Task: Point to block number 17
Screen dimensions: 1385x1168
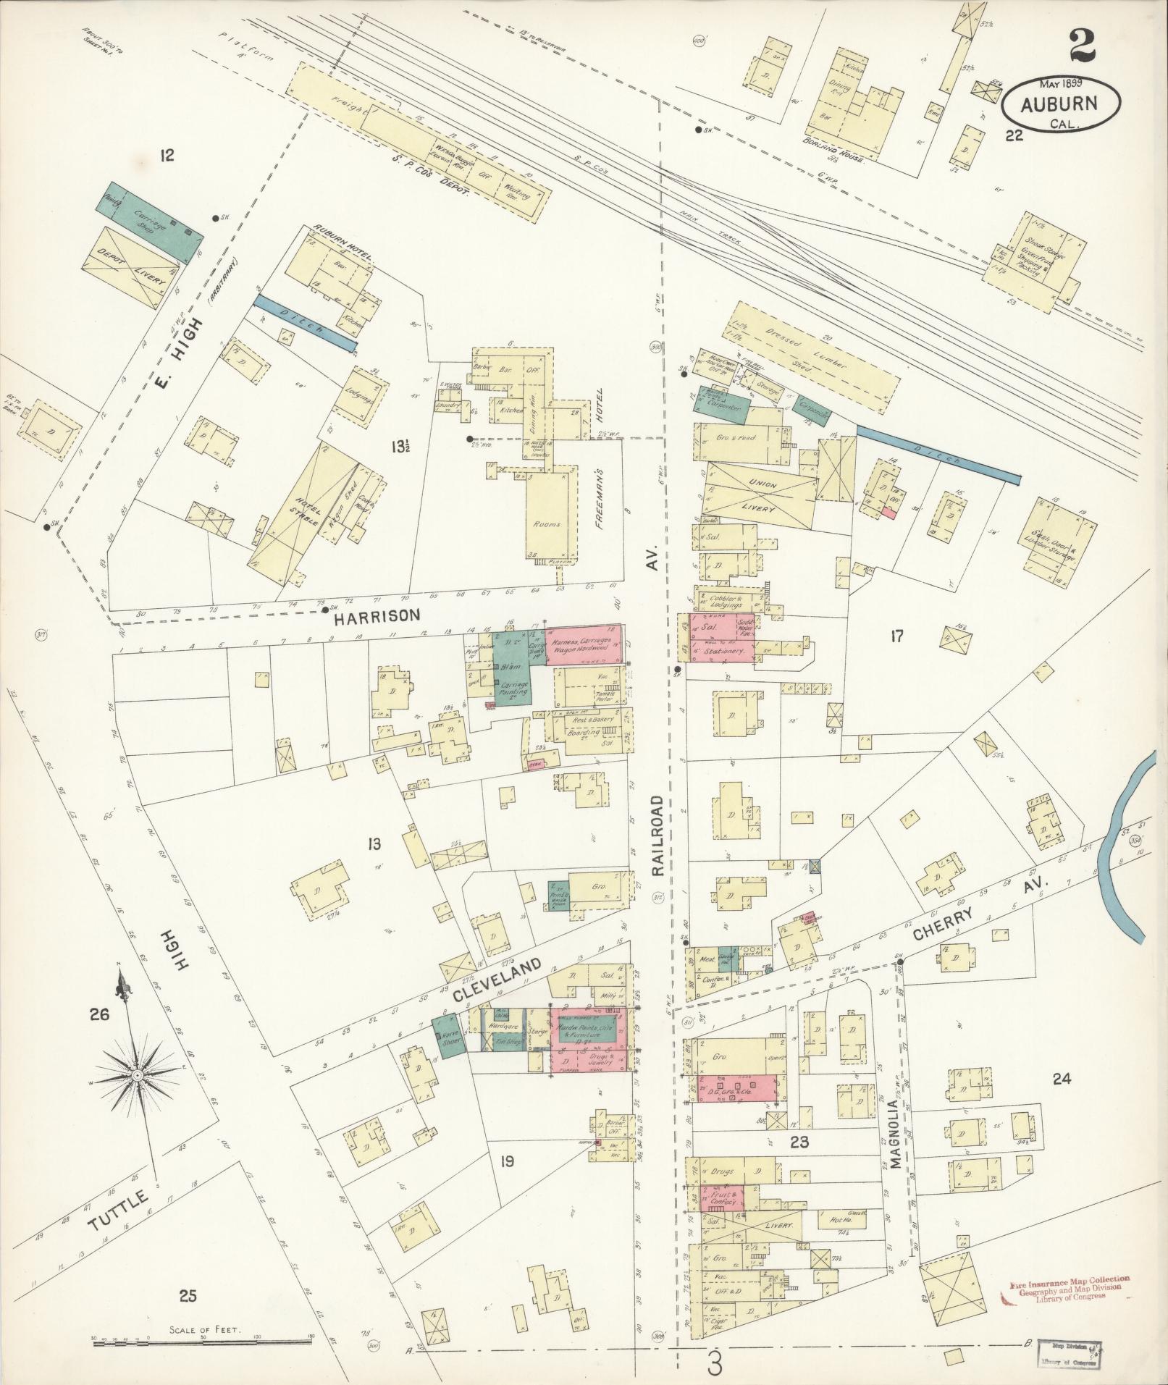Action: pos(897,636)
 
